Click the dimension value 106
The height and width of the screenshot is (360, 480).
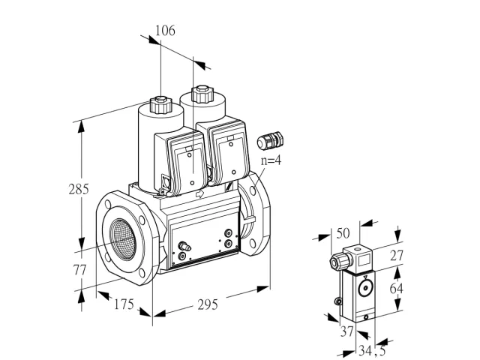click(165, 31)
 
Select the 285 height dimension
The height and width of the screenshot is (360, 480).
click(79, 189)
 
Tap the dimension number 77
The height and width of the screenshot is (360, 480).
click(80, 270)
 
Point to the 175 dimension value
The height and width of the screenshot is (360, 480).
click(124, 304)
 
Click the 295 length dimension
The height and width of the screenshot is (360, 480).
click(208, 305)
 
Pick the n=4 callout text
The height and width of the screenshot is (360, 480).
click(271, 160)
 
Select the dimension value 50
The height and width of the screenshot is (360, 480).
click(343, 233)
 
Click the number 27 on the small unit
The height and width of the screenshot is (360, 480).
click(397, 255)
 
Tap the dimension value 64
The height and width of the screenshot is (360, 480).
click(397, 288)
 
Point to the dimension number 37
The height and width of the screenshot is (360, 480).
click(347, 331)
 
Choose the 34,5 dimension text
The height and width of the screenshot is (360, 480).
click(372, 351)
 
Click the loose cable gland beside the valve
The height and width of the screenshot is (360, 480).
click(270, 140)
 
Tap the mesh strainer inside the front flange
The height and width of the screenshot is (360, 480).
click(122, 235)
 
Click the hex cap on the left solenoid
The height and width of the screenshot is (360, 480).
click(160, 104)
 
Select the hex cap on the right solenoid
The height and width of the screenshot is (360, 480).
click(202, 94)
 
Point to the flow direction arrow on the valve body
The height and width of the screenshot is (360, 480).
click(200, 193)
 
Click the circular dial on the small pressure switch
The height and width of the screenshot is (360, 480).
click(365, 288)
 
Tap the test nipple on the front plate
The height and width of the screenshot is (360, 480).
click(184, 246)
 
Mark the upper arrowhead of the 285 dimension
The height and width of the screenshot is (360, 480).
click(81, 127)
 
